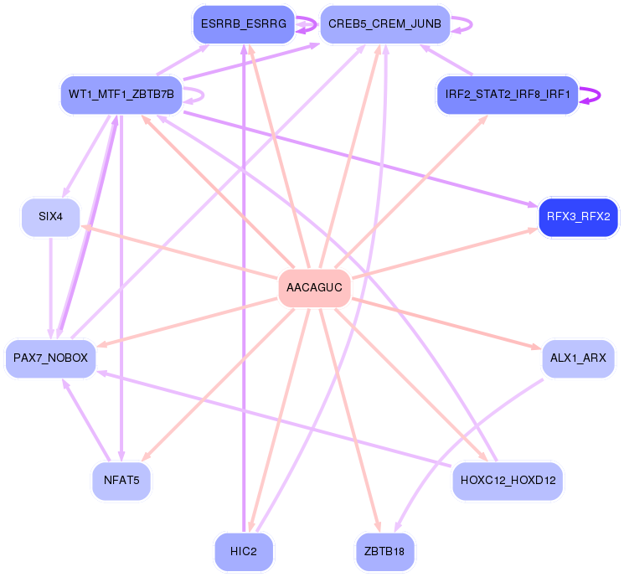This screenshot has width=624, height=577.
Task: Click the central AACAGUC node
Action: point(314,288)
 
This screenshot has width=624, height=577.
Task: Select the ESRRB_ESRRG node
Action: point(243,24)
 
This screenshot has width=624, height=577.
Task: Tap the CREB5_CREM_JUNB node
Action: point(384,24)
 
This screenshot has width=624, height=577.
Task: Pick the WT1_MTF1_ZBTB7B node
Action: point(121,95)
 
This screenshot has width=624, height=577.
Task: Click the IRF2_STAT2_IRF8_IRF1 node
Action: point(508,95)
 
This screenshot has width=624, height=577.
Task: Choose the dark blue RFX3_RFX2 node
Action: point(578,217)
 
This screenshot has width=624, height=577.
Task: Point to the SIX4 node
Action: point(50,217)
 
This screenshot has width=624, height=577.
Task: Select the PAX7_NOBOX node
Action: point(50,358)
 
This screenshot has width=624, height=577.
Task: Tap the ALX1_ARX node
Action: point(578,358)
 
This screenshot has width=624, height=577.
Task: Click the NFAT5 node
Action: point(121,482)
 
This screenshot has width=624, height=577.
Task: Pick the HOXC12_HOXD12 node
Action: point(508,482)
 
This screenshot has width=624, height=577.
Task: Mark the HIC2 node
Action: point(243,552)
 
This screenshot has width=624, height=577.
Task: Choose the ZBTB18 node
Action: point(384,552)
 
